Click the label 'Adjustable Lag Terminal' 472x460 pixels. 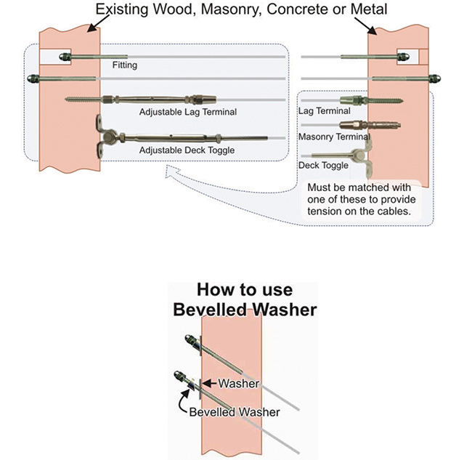coord(187,113)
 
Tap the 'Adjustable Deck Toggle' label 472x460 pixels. coord(187,150)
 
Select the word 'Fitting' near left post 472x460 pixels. coord(124,65)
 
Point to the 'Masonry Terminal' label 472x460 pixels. coord(334,136)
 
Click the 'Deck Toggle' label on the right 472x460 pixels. coord(323,165)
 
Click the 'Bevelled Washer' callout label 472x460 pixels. coord(234,411)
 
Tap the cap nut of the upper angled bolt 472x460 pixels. coord(188,339)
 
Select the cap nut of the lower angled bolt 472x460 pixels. coord(176,376)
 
